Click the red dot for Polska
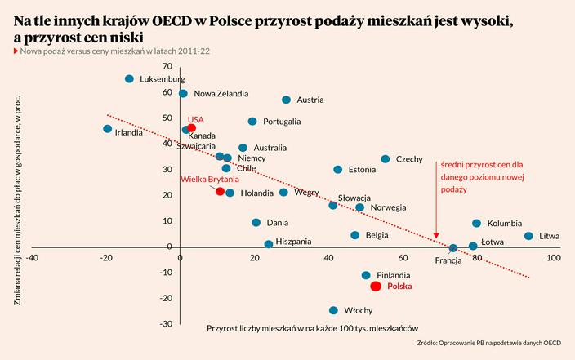[376, 287]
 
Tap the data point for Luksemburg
[129, 79]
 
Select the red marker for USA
[192, 128]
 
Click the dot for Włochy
[333, 310]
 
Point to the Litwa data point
[528, 236]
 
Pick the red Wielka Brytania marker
[220, 191]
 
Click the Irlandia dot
[108, 129]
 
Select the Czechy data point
[386, 159]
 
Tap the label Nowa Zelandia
[221, 94]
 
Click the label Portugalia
[282, 122]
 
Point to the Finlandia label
[394, 276]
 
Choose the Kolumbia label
[505, 224]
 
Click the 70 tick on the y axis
[167, 66]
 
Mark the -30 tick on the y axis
[166, 324]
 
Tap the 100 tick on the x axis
[553, 258]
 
